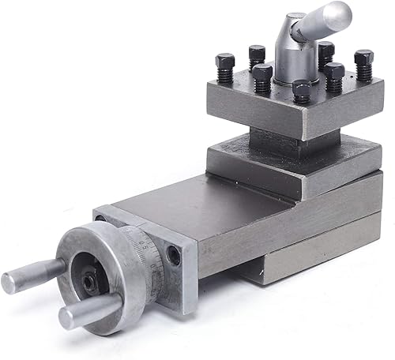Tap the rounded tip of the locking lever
click(340, 11)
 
